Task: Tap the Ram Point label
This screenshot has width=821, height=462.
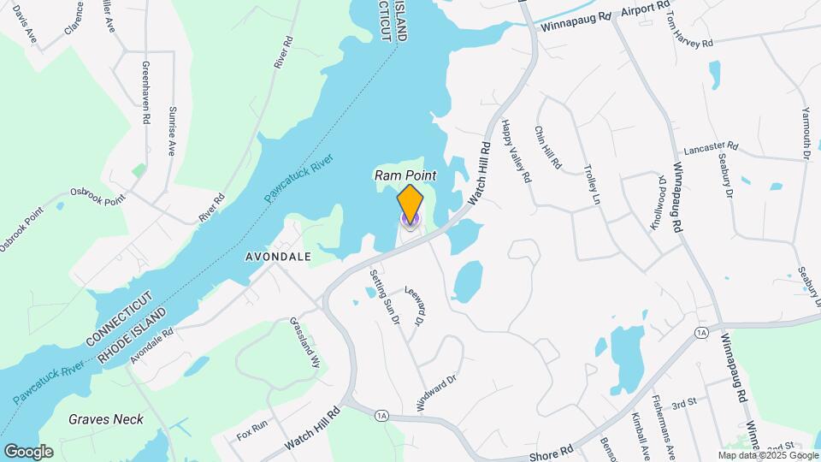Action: pyautogui.click(x=405, y=175)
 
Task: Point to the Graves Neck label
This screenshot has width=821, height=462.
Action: pyautogui.click(x=106, y=419)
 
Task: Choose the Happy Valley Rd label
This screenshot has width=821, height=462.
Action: pyautogui.click(x=517, y=151)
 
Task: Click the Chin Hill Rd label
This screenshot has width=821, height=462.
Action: pyautogui.click(x=547, y=147)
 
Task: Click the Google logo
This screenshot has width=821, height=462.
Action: pyautogui.click(x=28, y=451)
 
